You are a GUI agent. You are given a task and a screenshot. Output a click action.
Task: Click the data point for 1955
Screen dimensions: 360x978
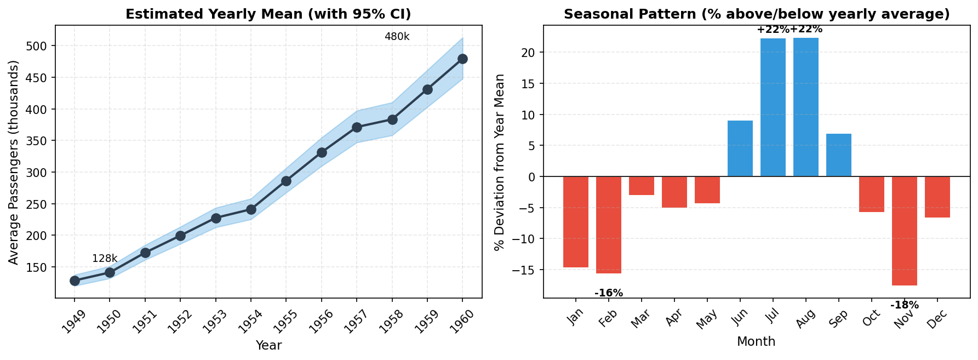pyautogui.click(x=286, y=181)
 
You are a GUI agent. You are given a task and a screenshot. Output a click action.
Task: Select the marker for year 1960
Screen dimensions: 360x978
pyautogui.click(x=462, y=59)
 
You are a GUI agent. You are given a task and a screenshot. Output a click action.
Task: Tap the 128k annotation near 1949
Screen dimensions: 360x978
pyautogui.click(x=105, y=259)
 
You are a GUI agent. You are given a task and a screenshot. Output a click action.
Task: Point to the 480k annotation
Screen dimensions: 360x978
pyautogui.click(x=397, y=37)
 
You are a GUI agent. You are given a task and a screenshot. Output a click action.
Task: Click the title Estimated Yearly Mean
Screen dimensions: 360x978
pyautogui.click(x=268, y=14)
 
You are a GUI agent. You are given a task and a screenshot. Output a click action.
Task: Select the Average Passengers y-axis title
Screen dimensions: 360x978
pyautogui.click(x=13, y=162)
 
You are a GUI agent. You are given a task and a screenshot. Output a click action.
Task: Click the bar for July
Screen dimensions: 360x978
pyautogui.click(x=773, y=107)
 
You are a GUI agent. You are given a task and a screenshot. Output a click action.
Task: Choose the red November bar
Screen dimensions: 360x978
pyautogui.click(x=905, y=231)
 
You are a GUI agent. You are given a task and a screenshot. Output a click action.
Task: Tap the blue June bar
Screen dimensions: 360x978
pyautogui.click(x=740, y=148)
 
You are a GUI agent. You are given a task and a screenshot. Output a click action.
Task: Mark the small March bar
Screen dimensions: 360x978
pyautogui.click(x=642, y=186)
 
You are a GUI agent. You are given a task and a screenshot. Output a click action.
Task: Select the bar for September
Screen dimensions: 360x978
pyautogui.click(x=839, y=155)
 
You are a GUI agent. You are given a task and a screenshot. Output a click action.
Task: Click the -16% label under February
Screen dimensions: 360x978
pyautogui.click(x=609, y=293)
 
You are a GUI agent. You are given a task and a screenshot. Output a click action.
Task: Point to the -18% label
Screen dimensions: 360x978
pyautogui.click(x=905, y=305)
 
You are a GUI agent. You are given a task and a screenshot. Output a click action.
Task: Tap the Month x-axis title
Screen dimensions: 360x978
pyautogui.click(x=756, y=342)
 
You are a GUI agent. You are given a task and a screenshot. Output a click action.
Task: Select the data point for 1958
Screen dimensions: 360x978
pyautogui.click(x=392, y=119)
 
